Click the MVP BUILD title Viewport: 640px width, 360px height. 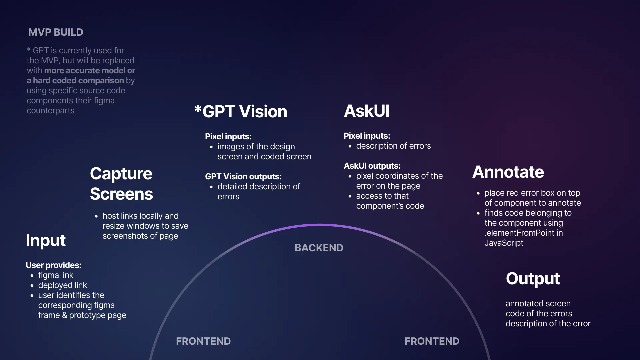[x=56, y=32]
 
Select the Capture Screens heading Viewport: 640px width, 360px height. [x=121, y=184]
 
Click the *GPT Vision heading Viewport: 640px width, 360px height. [x=241, y=111]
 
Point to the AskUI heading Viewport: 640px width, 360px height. [x=367, y=111]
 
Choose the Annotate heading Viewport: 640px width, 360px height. [x=508, y=172]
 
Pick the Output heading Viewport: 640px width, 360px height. [x=533, y=279]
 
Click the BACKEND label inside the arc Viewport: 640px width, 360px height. [x=319, y=248]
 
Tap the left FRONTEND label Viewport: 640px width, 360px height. [x=203, y=341]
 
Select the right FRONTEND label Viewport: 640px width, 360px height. [x=432, y=341]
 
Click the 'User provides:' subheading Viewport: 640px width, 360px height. [x=54, y=265]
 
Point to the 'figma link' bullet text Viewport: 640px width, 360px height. [x=56, y=276]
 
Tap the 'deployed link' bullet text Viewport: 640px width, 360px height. [x=63, y=286]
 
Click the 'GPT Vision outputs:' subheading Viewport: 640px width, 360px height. [x=243, y=177]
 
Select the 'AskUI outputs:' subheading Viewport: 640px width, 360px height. [x=372, y=166]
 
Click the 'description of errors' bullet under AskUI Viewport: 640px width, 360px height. [x=393, y=146]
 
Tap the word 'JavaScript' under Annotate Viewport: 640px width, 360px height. [x=504, y=243]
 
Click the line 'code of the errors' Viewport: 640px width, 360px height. [x=539, y=314]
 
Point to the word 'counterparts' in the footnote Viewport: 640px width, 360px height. [x=51, y=111]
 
